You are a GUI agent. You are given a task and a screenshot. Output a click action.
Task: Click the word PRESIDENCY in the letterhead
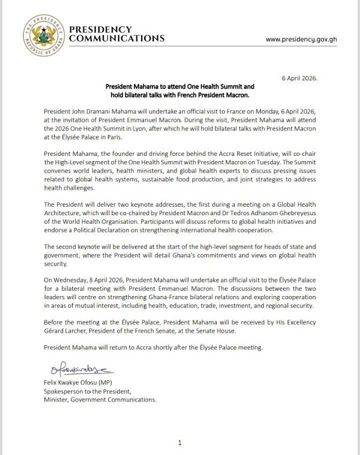pyautogui.click(x=100, y=29)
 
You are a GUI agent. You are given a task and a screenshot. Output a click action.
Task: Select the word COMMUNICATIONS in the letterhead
pyautogui.click(x=117, y=38)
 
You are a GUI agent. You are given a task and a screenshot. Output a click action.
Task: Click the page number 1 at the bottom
pyautogui.click(x=179, y=443)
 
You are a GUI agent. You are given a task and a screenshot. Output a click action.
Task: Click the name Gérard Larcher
pyautogui.click(x=64, y=331)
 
